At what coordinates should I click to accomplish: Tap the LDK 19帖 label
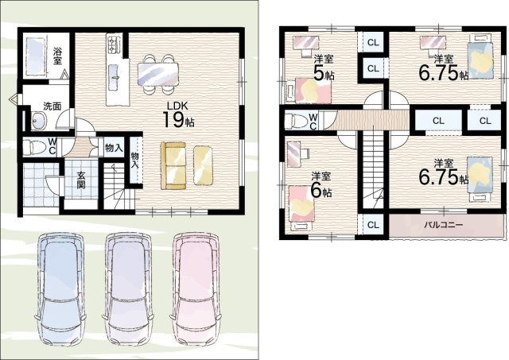tap(177, 114)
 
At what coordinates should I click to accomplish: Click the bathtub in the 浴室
tap(35, 56)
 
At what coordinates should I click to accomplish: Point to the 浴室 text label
tap(57, 56)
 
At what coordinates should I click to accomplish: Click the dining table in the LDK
tap(158, 74)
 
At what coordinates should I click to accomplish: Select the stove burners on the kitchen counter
tap(114, 45)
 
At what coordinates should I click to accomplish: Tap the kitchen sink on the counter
tap(114, 77)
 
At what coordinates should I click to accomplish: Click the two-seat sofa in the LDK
tap(173, 165)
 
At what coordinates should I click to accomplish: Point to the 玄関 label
tap(81, 180)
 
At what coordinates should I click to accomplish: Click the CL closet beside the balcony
tap(373, 225)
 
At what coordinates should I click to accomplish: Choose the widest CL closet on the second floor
tap(438, 121)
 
